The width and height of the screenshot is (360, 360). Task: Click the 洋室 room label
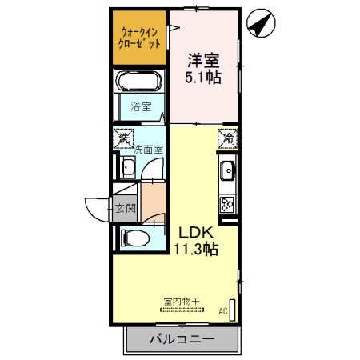pos(204,60)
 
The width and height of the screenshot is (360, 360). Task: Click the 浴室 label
pos(141,106)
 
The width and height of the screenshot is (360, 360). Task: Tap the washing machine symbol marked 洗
pos(123,138)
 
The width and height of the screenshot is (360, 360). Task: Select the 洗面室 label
pos(148,148)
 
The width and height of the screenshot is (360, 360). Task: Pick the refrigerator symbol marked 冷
pos(227,138)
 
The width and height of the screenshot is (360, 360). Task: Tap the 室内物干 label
pos(182,301)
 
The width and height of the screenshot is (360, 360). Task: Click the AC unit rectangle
pos(233,312)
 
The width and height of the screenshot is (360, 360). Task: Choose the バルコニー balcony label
pos(182,340)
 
